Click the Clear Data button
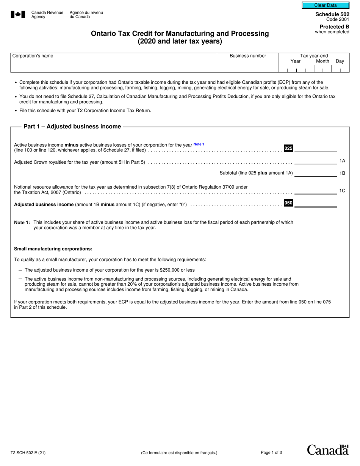tap(325, 5)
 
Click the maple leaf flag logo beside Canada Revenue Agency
tap(18, 15)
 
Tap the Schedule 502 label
tap(332, 14)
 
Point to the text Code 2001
tap(338, 19)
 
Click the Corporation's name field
tap(113, 65)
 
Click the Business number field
tap(247, 65)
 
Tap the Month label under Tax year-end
tap(322, 61)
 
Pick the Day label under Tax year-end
tap(340, 61)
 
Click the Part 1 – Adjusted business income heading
tap(72, 127)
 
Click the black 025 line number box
tap(288, 148)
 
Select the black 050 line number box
tap(288, 203)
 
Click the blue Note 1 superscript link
tap(199, 144)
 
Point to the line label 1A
tap(342, 161)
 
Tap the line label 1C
tap(342, 191)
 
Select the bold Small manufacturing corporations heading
tap(53, 249)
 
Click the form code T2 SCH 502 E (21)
tap(28, 452)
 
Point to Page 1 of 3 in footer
tap(271, 452)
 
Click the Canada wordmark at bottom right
tap(327, 450)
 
